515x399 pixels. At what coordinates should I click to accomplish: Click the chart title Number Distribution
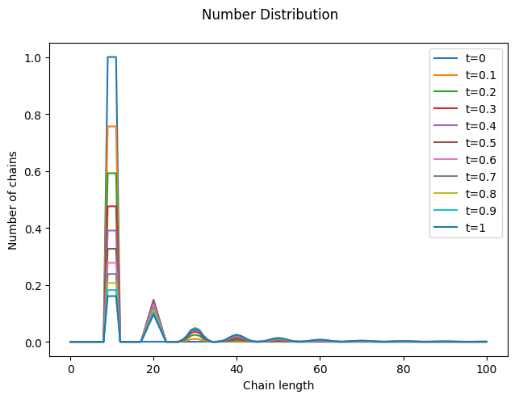point(270,15)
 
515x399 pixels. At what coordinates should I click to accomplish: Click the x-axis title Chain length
point(278,385)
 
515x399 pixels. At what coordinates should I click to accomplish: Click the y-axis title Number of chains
point(14,200)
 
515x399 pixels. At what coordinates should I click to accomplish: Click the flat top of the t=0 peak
point(112,57)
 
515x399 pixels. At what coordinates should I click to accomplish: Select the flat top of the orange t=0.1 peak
point(112,127)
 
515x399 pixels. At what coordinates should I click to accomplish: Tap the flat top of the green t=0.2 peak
point(112,173)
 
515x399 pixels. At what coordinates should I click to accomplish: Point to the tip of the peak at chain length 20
point(153,300)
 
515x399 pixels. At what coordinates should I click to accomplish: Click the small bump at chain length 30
point(195,329)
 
